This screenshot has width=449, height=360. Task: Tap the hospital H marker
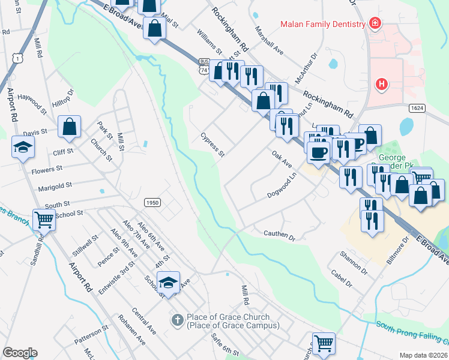pyautogui.click(x=381, y=84)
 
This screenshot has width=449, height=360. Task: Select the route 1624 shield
pyautogui.click(x=417, y=108)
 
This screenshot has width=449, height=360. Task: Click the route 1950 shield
pyautogui.click(x=152, y=203)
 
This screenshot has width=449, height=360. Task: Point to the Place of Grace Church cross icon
pyautogui.click(x=178, y=320)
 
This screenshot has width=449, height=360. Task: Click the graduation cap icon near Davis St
pyautogui.click(x=23, y=147)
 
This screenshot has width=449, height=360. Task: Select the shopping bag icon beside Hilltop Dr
pyautogui.click(x=70, y=127)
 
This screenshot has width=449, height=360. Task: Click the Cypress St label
pyautogui.click(x=212, y=145)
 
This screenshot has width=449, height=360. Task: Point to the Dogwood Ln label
pyautogui.click(x=282, y=187)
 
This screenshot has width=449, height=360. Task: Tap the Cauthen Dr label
pyautogui.click(x=280, y=235)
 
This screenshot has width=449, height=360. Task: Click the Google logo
pyautogui.click(x=20, y=353)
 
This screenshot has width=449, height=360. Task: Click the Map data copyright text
pyautogui.click(x=423, y=355)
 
